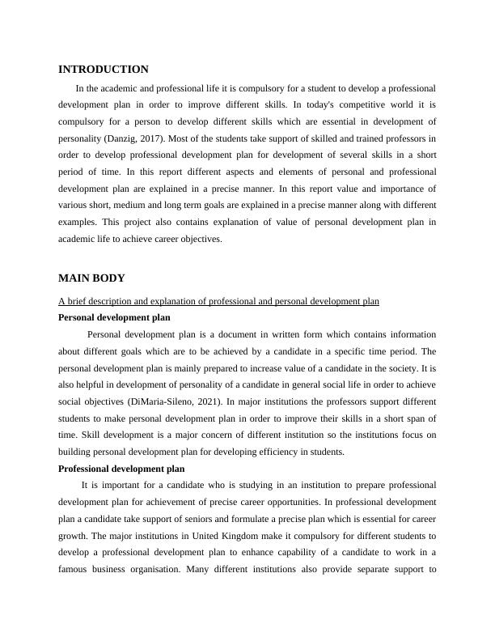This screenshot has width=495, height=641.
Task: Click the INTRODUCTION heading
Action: (104, 70)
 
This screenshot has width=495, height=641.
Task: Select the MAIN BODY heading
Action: (91, 278)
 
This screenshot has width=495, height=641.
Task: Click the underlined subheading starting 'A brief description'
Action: (218, 301)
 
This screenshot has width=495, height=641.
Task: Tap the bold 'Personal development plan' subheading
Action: (115, 317)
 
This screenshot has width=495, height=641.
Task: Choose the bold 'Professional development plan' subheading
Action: (121, 469)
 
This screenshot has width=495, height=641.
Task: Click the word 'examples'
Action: (80, 223)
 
